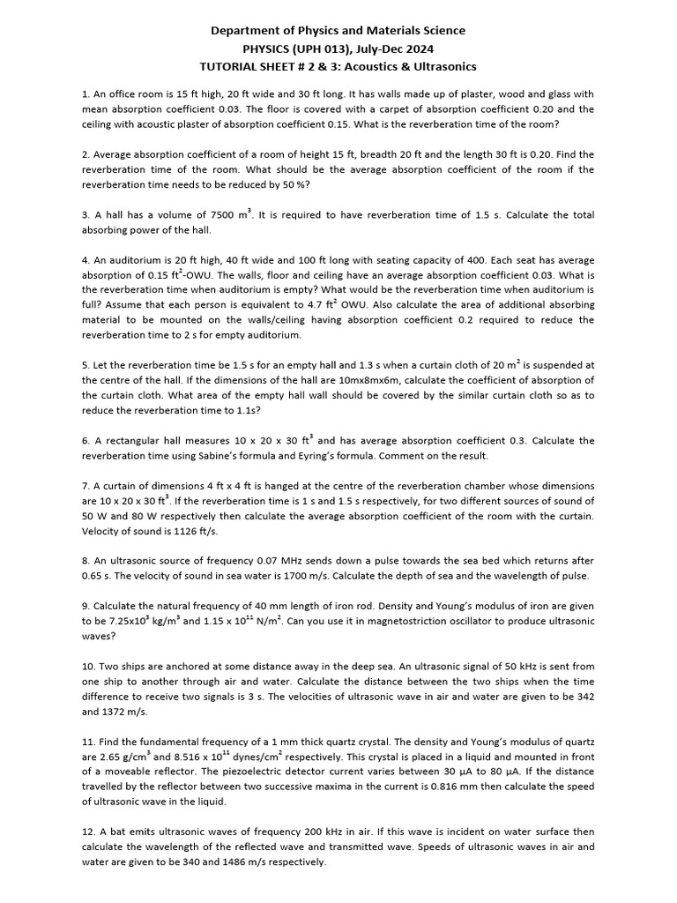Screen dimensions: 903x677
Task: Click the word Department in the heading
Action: [245, 31]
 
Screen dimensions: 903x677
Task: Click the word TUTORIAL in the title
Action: [231, 68]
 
